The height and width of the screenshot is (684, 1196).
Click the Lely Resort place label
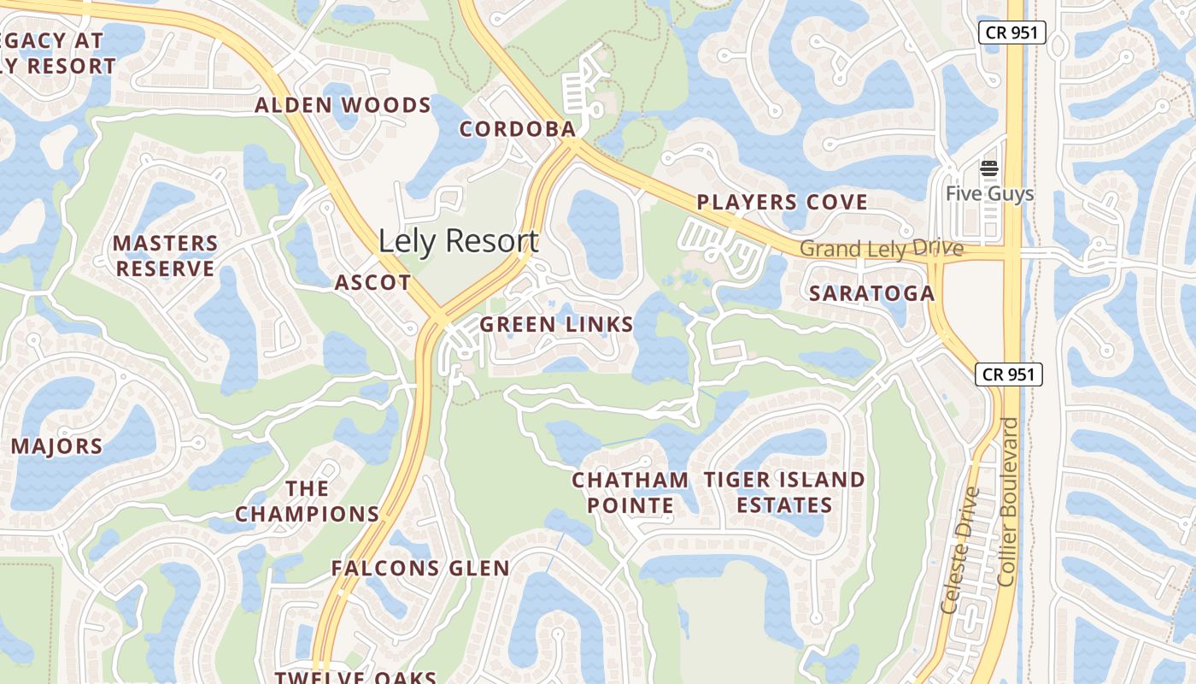(458, 241)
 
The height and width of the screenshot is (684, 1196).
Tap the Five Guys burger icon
(989, 168)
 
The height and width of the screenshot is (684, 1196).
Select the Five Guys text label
(989, 194)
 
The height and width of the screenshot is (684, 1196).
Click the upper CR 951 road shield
(1011, 33)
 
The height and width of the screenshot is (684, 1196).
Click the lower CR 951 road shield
(1008, 374)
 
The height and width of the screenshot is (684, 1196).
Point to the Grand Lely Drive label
(882, 249)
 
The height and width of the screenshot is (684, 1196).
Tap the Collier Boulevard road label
(1008, 501)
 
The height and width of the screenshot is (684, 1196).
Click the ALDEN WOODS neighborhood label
(343, 105)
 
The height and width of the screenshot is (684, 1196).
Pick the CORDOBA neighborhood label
(518, 129)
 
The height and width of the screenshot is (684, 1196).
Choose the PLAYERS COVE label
(782, 203)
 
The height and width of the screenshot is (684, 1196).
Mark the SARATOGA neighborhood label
(871, 293)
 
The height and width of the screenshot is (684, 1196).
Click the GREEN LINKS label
(556, 324)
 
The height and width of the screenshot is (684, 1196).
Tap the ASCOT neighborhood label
(372, 282)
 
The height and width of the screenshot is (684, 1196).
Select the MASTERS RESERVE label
(166, 256)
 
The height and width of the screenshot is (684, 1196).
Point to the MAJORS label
(56, 446)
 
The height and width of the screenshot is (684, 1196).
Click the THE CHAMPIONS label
(308, 501)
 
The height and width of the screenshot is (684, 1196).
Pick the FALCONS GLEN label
(420, 568)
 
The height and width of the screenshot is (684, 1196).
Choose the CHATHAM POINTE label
(630, 492)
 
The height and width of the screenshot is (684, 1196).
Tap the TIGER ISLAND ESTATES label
(784, 492)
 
